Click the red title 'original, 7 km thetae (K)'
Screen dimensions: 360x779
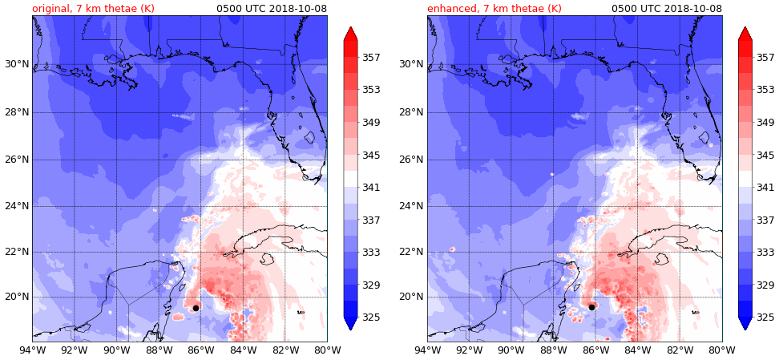click(x=93, y=9)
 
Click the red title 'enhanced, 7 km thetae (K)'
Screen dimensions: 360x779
click(x=494, y=9)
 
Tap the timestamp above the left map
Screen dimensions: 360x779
click(x=272, y=9)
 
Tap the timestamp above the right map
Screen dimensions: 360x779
click(x=667, y=9)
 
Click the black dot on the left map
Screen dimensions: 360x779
click(x=196, y=308)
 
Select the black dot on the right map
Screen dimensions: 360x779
click(x=591, y=307)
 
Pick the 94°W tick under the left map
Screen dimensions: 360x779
click(x=32, y=350)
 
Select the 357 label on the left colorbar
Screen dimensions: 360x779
click(x=370, y=58)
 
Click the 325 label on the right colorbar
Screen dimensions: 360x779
click(x=765, y=318)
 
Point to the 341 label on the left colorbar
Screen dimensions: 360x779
click(x=370, y=188)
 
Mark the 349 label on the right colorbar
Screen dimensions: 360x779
click(x=765, y=123)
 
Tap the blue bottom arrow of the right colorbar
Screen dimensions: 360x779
click(x=745, y=323)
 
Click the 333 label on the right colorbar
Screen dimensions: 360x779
click(x=765, y=253)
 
